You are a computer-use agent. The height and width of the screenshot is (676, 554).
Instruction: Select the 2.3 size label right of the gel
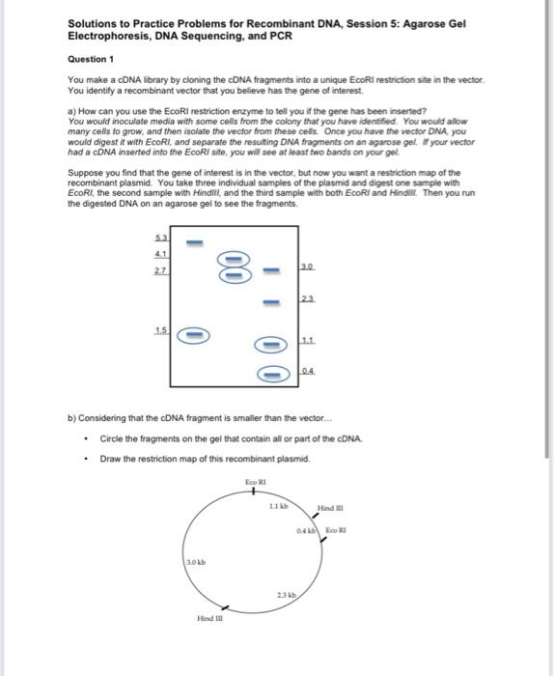[308, 299]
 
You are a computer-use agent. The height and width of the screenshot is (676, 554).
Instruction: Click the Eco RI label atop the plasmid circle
[255, 481]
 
